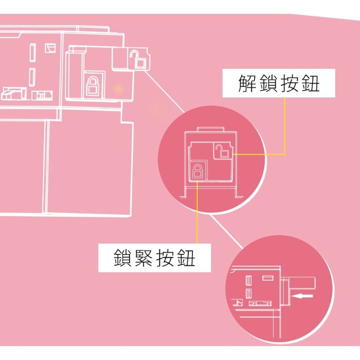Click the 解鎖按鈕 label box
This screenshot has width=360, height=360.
[279, 83]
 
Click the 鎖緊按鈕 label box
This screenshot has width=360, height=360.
[154, 258]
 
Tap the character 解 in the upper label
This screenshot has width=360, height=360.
[247, 83]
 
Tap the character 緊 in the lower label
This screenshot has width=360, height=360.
[143, 258]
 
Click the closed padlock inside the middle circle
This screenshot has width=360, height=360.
[197, 171]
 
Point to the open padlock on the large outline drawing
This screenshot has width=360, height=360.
[137, 59]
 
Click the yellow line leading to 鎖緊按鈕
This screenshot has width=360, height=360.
[197, 212]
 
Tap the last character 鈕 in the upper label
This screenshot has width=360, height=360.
[311, 83]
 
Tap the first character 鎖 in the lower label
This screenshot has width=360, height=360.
[123, 258]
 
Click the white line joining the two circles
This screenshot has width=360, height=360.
[227, 232]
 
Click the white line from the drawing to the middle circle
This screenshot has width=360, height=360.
[165, 92]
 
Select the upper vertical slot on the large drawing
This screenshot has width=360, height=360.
[32, 52]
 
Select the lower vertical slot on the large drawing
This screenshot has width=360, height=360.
[32, 77]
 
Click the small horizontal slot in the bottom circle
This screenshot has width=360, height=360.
[268, 278]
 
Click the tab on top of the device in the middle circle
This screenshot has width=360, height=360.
[210, 129]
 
